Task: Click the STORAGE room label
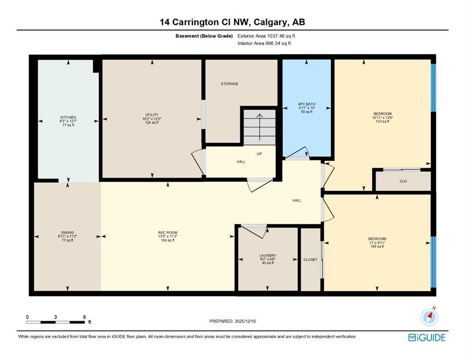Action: (229, 84)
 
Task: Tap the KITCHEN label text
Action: (68, 118)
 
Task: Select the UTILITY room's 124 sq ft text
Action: (152, 122)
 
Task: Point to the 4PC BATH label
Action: (307, 104)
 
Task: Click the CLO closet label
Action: (403, 181)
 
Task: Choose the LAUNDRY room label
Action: (267, 255)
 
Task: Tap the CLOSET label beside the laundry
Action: (310, 260)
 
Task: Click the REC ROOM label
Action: (168, 232)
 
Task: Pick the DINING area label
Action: (67, 232)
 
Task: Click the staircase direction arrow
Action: (260, 127)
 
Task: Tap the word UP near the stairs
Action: (259, 154)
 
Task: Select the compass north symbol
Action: (429, 317)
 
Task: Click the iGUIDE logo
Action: (427, 338)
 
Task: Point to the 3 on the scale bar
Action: (55, 317)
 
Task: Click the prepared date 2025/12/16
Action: (245, 321)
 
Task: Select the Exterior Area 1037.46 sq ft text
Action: (266, 36)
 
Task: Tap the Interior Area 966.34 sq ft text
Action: (264, 43)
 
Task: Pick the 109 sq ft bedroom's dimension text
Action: (377, 242)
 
